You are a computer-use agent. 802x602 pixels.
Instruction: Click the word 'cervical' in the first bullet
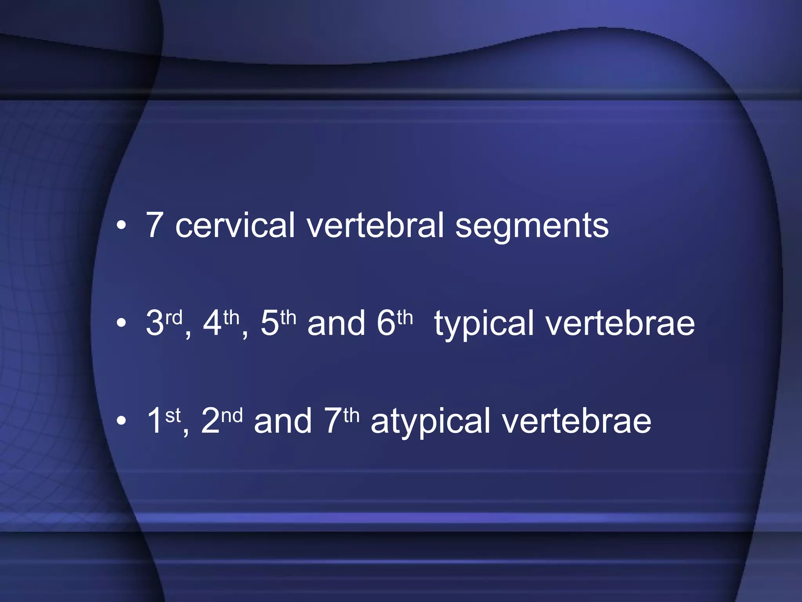click(235, 225)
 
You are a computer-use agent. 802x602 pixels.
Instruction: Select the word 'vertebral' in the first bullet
click(375, 225)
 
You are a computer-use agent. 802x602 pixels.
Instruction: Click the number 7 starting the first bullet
click(154, 225)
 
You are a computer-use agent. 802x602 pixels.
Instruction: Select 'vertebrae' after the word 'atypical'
click(577, 421)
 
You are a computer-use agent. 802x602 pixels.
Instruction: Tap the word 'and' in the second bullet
click(336, 323)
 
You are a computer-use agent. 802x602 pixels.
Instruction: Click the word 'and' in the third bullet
click(283, 421)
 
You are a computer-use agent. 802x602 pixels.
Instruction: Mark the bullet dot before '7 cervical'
click(122, 226)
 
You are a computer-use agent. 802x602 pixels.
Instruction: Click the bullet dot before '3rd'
click(122, 323)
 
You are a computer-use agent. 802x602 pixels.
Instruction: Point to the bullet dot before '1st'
click(122, 421)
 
